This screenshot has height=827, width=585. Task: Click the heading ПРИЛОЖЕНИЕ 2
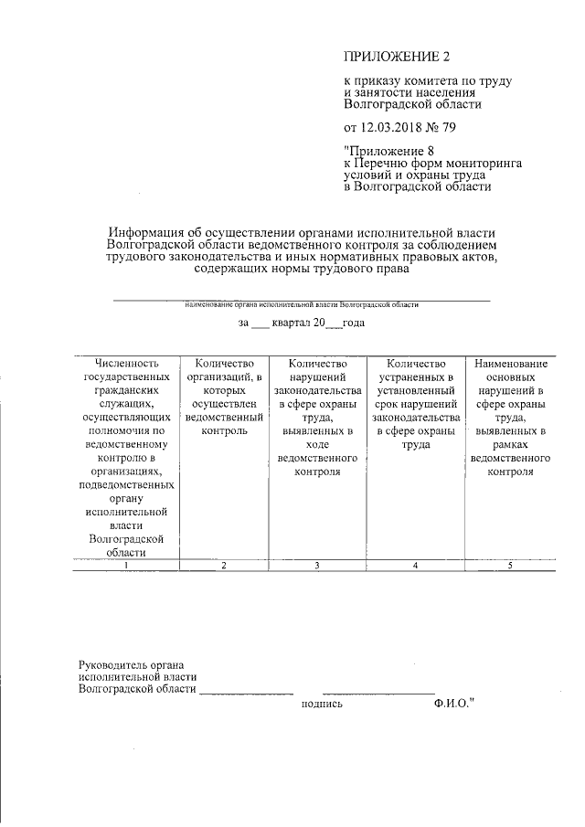coord(384,58)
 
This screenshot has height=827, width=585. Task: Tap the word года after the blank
coord(354,323)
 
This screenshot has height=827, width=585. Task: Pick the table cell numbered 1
coord(126,567)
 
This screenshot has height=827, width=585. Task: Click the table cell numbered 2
coord(223,567)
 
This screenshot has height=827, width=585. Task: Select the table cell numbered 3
coord(316,567)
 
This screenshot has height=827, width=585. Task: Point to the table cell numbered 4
coord(415,567)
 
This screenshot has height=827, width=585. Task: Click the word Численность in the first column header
coord(126,364)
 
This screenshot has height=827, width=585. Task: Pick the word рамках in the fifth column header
coord(510,445)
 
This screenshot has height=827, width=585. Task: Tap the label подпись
coord(321,705)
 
